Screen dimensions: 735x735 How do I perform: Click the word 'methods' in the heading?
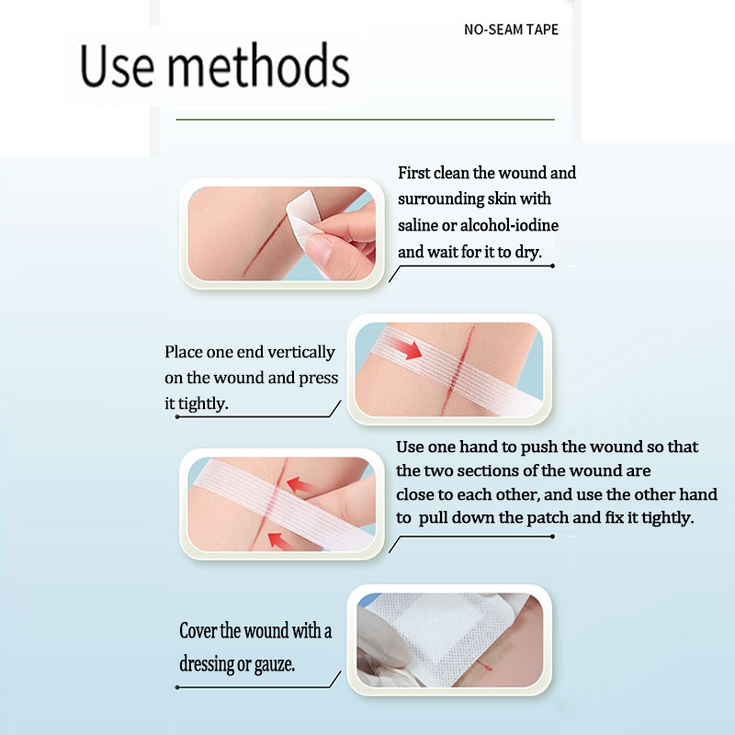[x=258, y=65]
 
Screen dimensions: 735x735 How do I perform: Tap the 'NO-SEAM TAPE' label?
[x=511, y=29]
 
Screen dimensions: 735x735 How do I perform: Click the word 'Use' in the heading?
[x=117, y=66]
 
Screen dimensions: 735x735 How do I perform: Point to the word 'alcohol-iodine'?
[x=509, y=225]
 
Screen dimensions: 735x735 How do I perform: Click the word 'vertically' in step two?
[x=301, y=352]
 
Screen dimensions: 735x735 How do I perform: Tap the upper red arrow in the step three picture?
[x=302, y=485]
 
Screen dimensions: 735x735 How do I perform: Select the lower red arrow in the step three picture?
[x=280, y=540]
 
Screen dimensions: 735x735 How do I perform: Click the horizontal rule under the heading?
[x=365, y=119]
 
